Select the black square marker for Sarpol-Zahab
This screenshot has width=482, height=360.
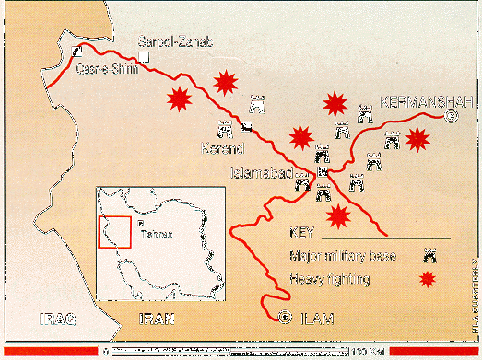tap(146, 58)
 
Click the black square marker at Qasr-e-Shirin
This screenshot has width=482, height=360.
tap(76, 52)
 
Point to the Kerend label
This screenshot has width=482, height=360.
tap(220, 146)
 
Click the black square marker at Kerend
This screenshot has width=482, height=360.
tap(247, 127)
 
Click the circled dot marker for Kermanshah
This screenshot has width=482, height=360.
tap(451, 116)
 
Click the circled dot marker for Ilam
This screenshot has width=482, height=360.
tap(286, 319)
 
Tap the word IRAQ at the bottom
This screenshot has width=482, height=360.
tap(50, 319)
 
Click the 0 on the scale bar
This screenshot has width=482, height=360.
tap(107, 353)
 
